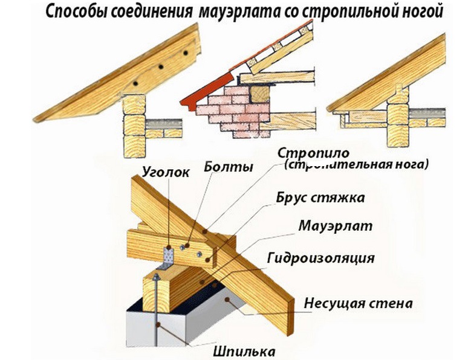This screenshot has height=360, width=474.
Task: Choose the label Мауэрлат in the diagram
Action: coord(335,226)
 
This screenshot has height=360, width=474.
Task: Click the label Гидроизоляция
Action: coord(320,258)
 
